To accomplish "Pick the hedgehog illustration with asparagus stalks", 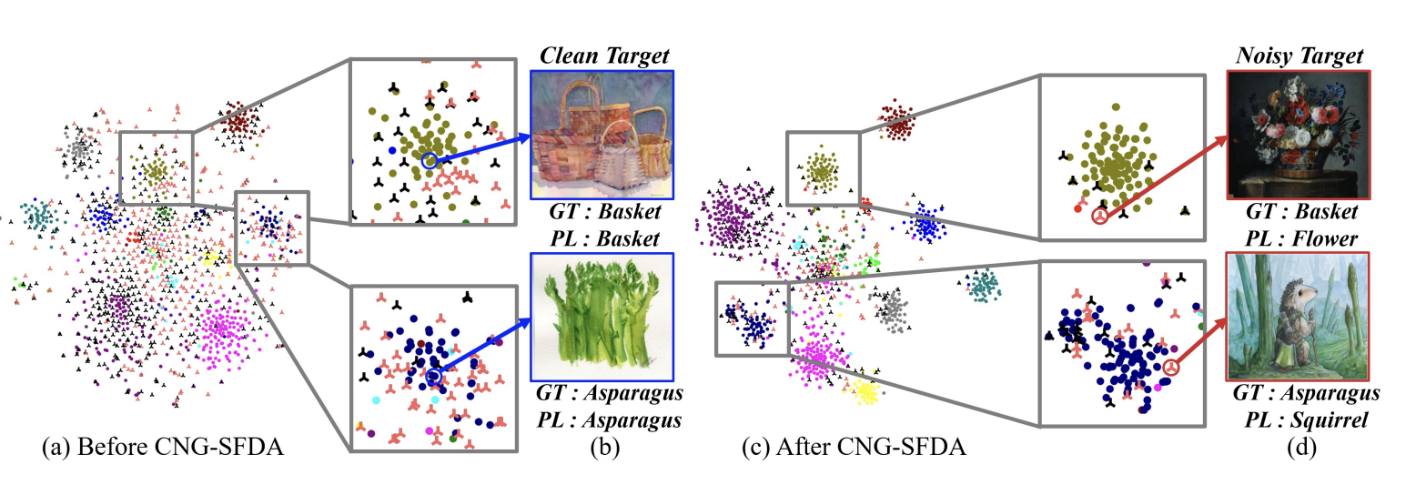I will [x=1298, y=316].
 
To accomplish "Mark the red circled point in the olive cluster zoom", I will [x=1100, y=217].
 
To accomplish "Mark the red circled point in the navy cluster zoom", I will [x=1171, y=368].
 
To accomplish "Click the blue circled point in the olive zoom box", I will [x=430, y=160].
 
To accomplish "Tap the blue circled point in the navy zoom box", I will [x=433, y=376].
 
